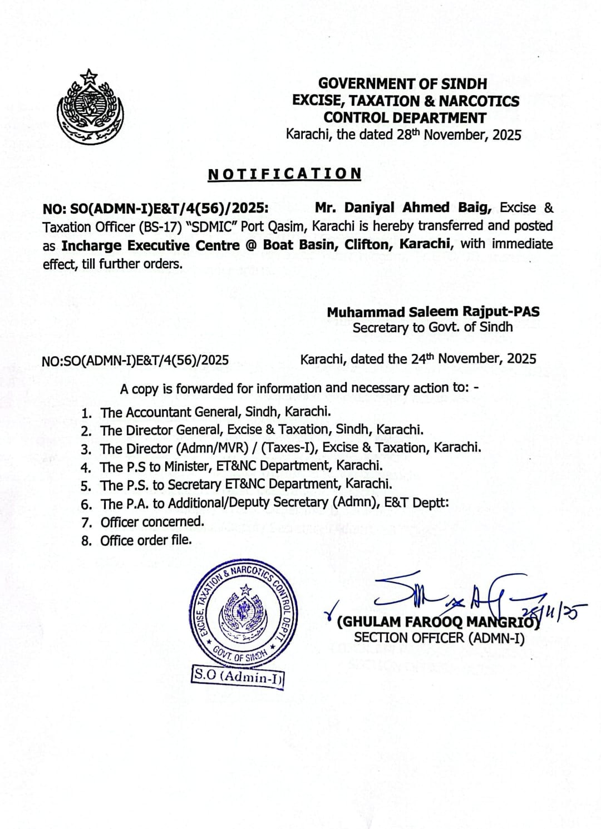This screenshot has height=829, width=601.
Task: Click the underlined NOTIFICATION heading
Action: point(284,174)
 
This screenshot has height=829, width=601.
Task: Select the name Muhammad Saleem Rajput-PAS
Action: point(433,312)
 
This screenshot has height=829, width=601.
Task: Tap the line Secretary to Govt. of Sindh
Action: point(432,327)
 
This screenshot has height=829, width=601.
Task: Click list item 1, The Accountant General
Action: point(216,412)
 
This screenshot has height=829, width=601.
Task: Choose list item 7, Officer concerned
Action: point(152,522)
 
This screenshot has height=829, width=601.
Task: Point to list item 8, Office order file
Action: point(146,540)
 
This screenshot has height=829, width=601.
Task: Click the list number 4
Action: point(86,467)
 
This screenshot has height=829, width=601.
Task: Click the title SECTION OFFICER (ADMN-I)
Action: point(439,638)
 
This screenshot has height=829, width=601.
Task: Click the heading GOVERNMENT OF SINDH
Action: point(402,84)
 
